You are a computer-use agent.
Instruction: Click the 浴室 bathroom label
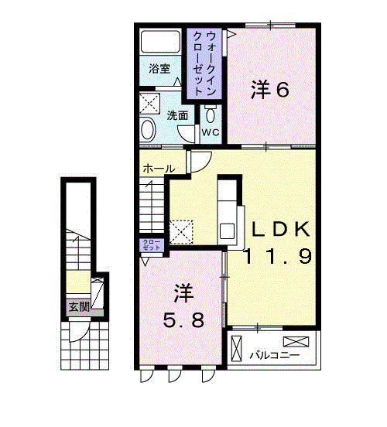pyautogui.click(x=159, y=67)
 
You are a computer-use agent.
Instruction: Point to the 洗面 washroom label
pyautogui.click(x=177, y=115)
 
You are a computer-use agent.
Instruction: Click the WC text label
pyautogui.click(x=211, y=132)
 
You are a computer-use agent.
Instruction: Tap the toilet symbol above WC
pyautogui.click(x=211, y=114)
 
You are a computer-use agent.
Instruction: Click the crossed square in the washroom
pyautogui.click(x=149, y=103)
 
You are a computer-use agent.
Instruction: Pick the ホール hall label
pyautogui.click(x=157, y=168)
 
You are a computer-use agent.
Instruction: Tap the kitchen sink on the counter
pyautogui.click(x=228, y=230)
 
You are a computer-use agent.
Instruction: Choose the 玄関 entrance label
pyautogui.click(x=78, y=307)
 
